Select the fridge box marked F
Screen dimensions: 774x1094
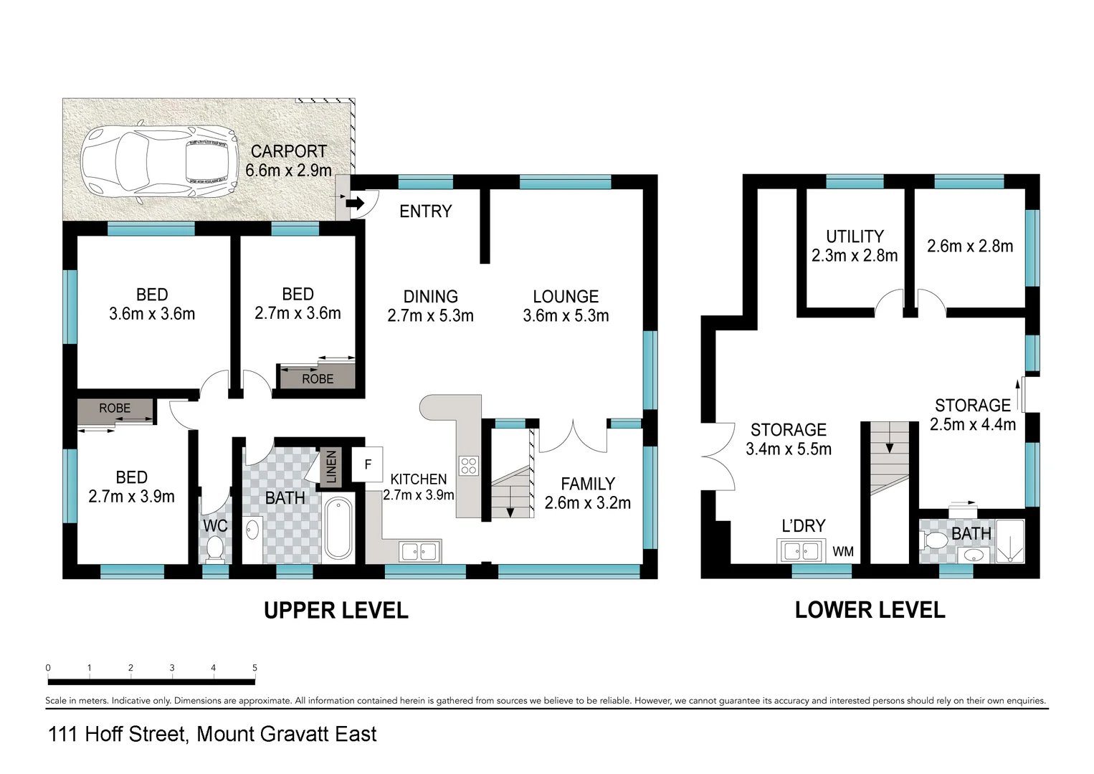pos(368,464)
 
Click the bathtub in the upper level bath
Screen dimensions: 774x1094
pos(338,529)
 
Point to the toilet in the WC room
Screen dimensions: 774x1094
pos(214,549)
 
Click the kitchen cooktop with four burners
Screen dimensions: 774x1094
pos(468,466)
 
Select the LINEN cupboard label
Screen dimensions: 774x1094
pos(331,467)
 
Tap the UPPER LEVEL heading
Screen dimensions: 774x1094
pos(336,611)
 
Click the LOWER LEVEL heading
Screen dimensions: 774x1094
pos(870,610)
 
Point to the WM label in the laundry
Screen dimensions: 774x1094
pos(843,551)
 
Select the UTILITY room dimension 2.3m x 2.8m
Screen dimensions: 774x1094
pos(855,256)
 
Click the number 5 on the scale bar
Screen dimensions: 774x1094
pos(255,668)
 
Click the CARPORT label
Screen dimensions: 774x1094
pos(288,151)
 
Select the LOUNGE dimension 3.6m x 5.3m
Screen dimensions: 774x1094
pos(566,315)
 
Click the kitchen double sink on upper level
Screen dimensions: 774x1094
pos(420,551)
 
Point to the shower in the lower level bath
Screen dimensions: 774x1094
pos(1010,540)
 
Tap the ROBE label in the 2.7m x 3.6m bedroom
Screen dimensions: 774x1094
pos(318,378)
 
